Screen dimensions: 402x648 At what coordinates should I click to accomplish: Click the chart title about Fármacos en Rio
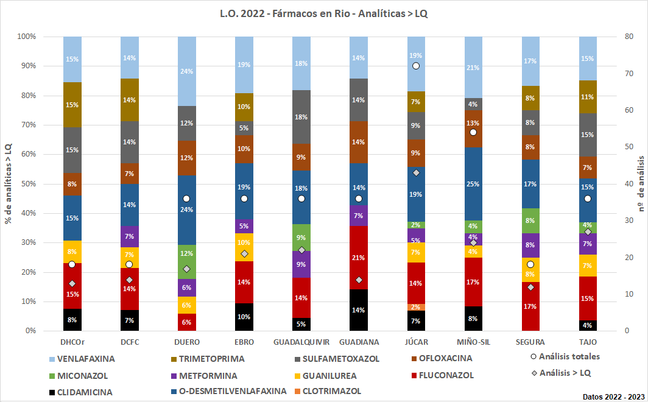[323, 13]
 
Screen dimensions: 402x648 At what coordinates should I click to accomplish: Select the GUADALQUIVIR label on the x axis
[301, 342]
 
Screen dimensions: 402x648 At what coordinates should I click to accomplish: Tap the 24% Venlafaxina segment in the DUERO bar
[186, 71]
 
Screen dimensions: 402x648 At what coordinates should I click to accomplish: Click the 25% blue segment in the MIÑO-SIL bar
[473, 183]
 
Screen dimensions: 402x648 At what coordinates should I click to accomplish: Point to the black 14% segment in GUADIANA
[359, 310]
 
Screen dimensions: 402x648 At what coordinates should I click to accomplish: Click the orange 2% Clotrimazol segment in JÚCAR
[416, 307]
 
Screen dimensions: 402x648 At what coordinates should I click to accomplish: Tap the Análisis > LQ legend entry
[560, 372]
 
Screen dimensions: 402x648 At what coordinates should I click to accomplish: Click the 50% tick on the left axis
[27, 184]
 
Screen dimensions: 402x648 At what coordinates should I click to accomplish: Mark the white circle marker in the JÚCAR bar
[416, 66]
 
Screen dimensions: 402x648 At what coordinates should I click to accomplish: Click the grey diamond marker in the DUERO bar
[186, 269]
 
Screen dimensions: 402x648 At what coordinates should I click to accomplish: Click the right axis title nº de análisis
[641, 183]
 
